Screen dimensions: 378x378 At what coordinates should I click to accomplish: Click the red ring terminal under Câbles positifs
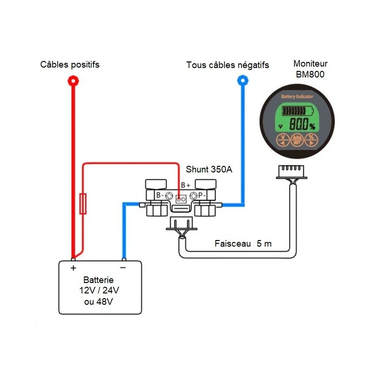[x=73, y=81]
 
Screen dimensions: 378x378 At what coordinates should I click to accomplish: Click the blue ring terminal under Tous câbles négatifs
[x=242, y=81]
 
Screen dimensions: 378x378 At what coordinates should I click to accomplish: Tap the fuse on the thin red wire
[x=83, y=204]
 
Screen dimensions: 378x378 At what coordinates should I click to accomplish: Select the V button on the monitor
[x=282, y=139]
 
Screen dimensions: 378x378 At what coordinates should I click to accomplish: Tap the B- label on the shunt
[x=159, y=195]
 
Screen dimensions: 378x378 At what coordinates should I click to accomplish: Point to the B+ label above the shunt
[x=186, y=185]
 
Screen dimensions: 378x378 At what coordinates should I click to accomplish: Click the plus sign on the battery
[x=73, y=268]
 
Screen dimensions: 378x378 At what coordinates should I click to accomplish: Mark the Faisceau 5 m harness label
[x=243, y=244]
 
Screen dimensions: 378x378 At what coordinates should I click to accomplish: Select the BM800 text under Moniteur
[x=310, y=74]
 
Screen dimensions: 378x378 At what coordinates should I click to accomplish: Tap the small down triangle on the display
[x=281, y=126]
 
